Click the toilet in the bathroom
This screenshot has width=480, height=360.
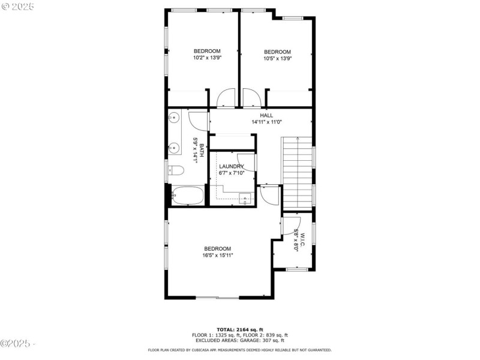(176, 170)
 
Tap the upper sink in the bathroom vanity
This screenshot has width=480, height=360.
(175, 118)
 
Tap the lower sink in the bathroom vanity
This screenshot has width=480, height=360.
(175, 147)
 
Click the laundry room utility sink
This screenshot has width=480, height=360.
(245, 199)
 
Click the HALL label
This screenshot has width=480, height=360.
(266, 115)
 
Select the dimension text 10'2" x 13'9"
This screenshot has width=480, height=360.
(207, 58)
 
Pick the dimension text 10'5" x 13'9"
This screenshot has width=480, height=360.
(277, 59)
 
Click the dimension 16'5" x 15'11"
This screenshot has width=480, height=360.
(217, 255)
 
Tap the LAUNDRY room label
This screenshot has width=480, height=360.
(231, 166)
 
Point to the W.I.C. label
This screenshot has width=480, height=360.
(303, 239)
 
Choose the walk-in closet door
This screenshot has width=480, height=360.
(290, 226)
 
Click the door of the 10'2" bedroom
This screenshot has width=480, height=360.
(226, 98)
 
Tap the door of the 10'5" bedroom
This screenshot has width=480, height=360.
(251, 98)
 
